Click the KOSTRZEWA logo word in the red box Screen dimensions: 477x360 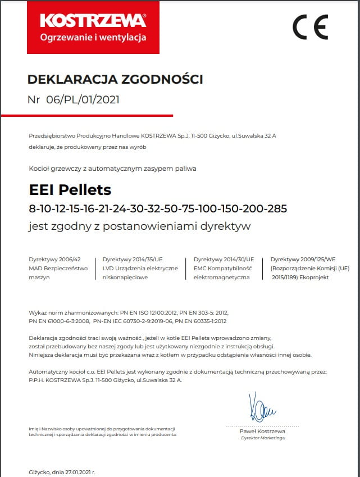click(93, 21)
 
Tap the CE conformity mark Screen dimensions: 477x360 click(310, 26)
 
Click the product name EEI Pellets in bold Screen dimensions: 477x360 click(70, 189)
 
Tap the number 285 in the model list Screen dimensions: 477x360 click(277, 209)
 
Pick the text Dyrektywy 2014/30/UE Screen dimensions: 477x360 click(224, 260)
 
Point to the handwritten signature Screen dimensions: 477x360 click(261, 410)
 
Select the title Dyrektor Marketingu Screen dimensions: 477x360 click(263, 438)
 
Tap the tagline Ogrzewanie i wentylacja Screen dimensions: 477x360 click(93, 38)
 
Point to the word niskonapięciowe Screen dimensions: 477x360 click(125, 278)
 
